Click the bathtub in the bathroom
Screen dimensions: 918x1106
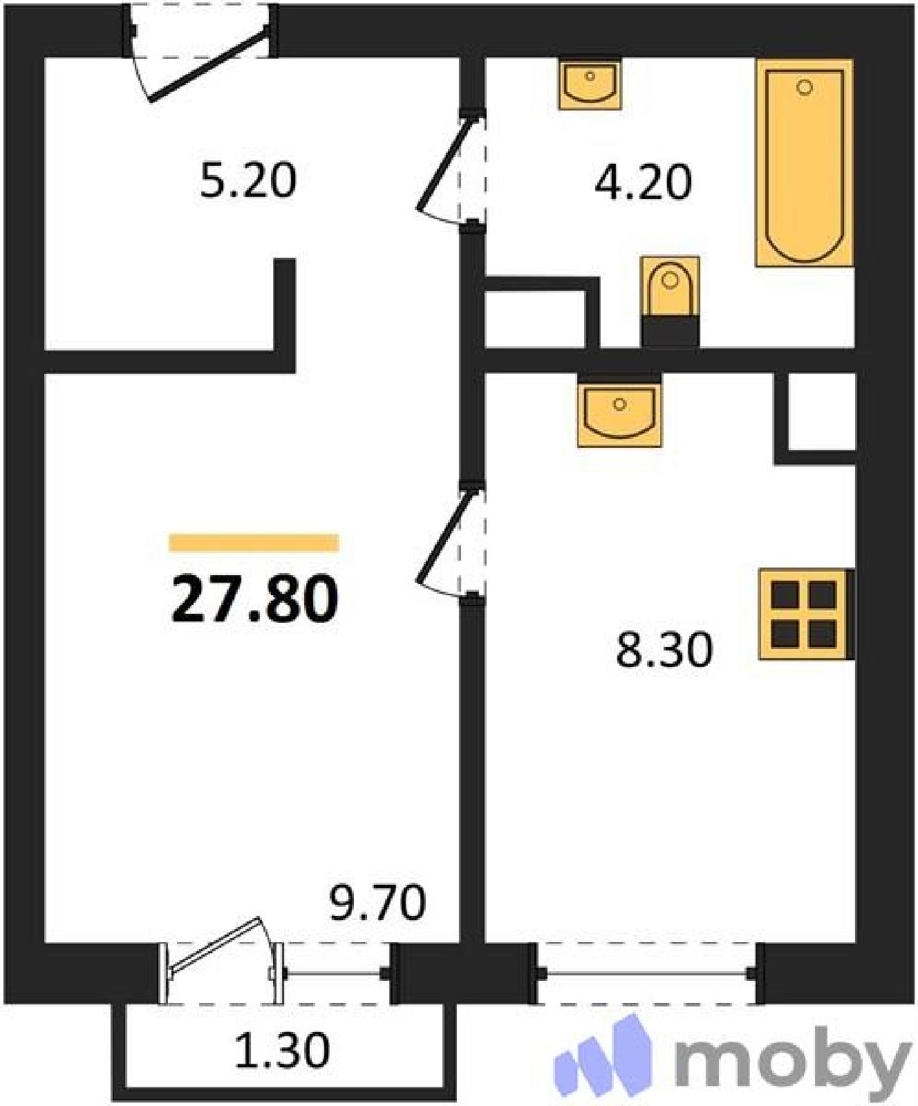804,163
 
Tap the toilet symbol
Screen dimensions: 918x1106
670,301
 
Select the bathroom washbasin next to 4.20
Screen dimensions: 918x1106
590,84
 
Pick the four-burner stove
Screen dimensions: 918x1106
806,614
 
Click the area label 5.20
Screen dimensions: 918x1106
248,180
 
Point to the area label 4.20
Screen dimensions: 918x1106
643,183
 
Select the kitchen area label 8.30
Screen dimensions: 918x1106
664,650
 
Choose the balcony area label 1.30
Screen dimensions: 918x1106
282,1051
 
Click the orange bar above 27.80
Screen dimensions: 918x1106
254,543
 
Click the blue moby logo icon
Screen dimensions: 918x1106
603,1053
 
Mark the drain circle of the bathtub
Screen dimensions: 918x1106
804,88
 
